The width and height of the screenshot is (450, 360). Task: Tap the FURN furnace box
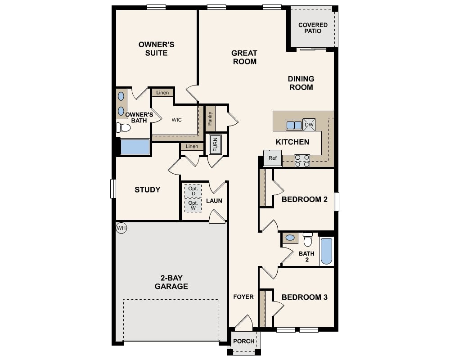[216, 144]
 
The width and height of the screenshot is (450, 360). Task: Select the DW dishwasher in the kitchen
[309, 125]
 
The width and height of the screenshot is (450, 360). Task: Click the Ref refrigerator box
[273, 158]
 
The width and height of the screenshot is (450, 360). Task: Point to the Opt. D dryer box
[193, 191]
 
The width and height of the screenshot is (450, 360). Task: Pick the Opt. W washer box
[193, 206]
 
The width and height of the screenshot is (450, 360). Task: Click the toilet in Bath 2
[308, 239]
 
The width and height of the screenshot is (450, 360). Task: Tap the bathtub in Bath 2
[326, 251]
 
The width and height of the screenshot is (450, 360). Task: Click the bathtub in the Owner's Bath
[135, 147]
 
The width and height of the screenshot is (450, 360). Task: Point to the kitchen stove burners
[302, 161]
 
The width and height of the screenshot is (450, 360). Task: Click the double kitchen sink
[294, 125]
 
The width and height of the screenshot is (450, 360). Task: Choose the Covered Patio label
[313, 28]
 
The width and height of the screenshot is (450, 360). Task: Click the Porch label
[243, 341]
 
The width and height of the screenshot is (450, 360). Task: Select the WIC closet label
[177, 120]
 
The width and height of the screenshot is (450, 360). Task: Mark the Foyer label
[243, 297]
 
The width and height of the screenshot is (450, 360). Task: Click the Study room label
[148, 189]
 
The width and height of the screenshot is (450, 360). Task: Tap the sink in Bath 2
[290, 237]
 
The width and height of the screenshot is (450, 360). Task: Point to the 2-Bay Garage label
[171, 282]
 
